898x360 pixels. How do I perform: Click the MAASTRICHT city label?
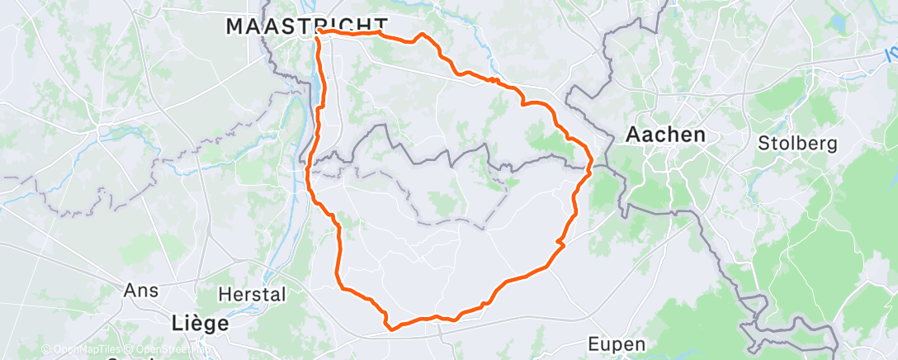(x=306, y=26)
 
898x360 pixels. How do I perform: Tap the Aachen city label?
(x=666, y=134)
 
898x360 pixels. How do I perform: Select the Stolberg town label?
(x=797, y=143)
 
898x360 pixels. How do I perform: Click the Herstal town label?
(x=252, y=294)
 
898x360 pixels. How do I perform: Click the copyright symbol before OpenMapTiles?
(x=45, y=350)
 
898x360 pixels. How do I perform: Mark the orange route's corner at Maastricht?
(x=318, y=32)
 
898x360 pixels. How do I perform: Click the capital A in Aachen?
(x=634, y=134)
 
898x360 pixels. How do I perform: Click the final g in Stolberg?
(x=832, y=144)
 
